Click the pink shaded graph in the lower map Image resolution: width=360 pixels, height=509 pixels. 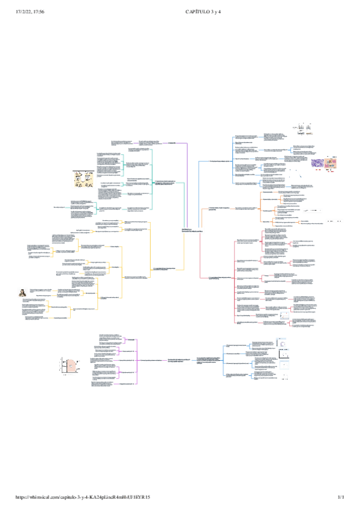[x=71, y=364]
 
